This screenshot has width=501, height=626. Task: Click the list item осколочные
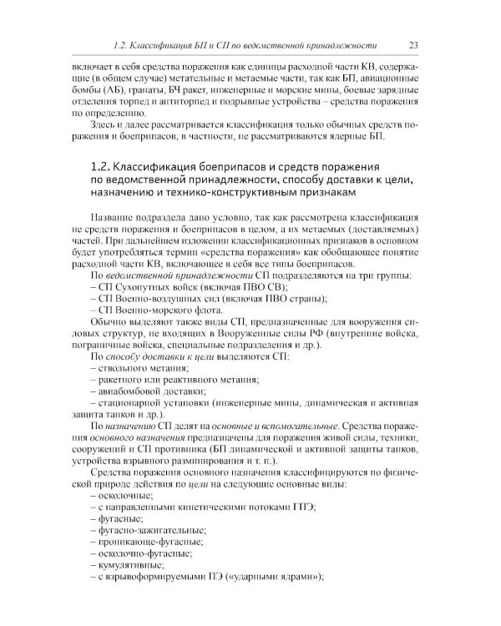tap(127, 519)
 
